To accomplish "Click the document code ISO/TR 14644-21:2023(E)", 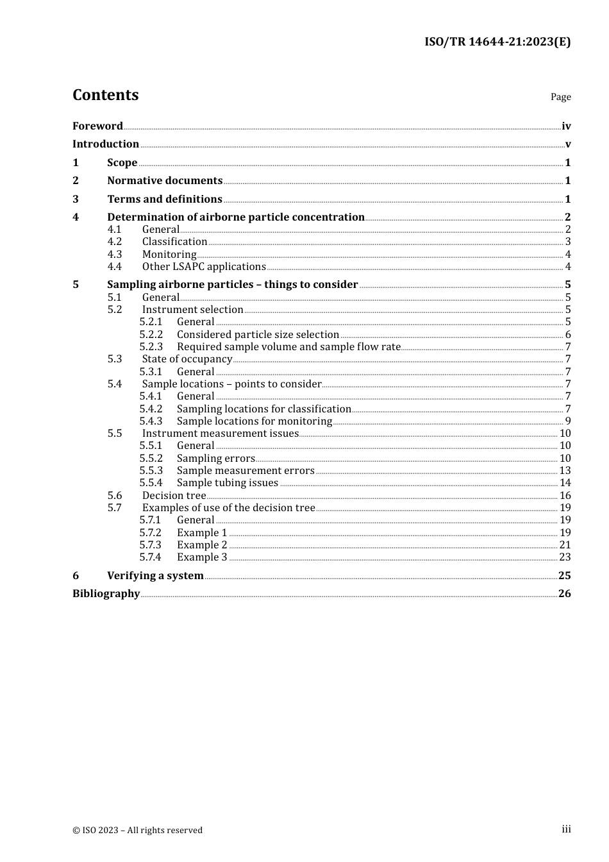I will [497, 42].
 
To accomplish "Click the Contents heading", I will [105, 95].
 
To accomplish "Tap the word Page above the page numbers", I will [560, 97].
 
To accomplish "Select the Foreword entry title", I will [97, 126].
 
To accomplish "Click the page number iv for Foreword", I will [566, 126].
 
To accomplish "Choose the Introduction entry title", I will [106, 144].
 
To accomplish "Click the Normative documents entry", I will [165, 181].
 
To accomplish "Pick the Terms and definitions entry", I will [165, 199].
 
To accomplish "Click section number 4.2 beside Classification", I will [115, 242].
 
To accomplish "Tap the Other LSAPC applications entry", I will [204, 267].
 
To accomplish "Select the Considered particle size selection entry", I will [258, 335].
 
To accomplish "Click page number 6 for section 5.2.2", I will [568, 335].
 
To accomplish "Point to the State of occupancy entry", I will [187, 359].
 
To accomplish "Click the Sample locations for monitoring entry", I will [254, 421].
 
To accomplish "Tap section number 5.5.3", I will [151, 471].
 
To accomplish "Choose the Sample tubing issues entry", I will [228, 483].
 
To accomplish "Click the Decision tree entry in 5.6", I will [174, 496].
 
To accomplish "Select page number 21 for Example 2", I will [565, 545].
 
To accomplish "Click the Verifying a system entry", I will [155, 576].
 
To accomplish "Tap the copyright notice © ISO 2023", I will [137, 831].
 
